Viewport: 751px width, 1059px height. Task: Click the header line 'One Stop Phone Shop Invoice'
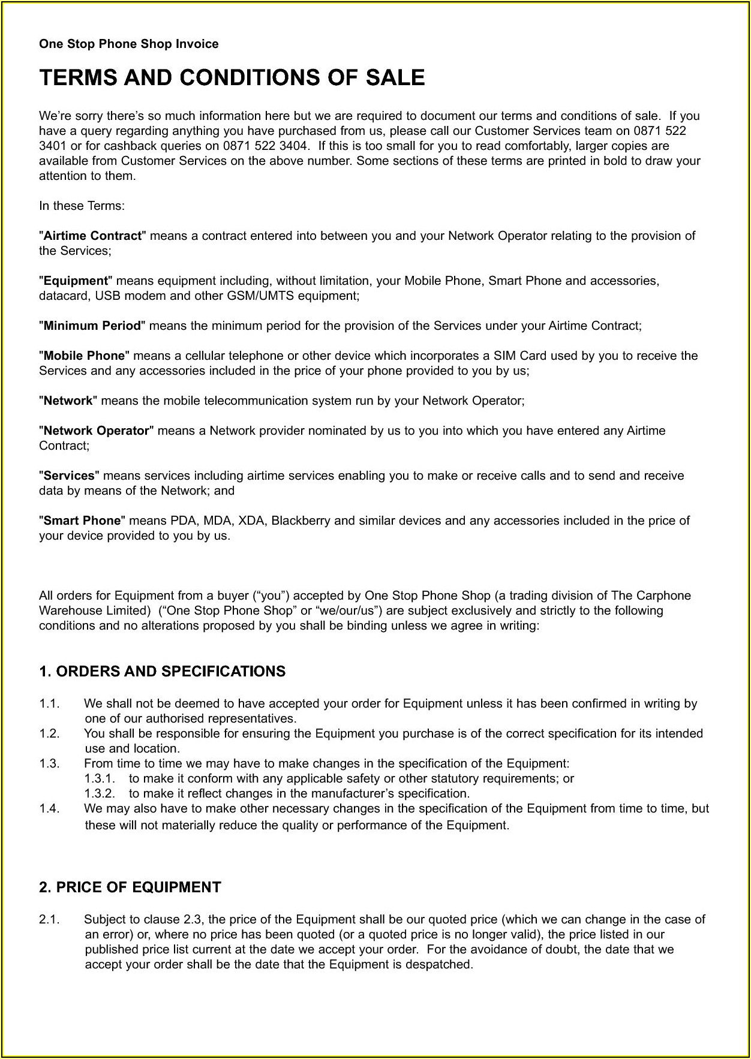(128, 44)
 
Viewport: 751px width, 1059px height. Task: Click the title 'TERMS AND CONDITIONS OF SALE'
(232, 78)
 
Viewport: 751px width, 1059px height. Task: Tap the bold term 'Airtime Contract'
(92, 236)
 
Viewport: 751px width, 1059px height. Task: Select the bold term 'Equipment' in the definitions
(76, 281)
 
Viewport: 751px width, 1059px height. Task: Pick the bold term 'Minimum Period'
(92, 326)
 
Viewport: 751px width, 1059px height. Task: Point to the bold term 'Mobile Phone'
(84, 356)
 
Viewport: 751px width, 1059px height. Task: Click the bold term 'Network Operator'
(96, 431)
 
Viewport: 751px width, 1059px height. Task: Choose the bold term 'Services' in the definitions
(69, 476)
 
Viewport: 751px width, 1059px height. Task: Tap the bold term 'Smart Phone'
(82, 521)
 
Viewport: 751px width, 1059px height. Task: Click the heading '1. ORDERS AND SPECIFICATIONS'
(162, 671)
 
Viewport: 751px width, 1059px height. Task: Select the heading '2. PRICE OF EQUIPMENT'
(130, 887)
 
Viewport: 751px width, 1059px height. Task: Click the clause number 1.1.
(49, 703)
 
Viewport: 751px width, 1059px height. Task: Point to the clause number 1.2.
(49, 733)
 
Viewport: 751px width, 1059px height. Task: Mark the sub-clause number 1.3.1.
(100, 778)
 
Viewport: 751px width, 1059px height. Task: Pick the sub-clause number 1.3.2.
(100, 793)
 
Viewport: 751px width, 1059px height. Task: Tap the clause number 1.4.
(49, 808)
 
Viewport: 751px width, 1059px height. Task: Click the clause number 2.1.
(49, 919)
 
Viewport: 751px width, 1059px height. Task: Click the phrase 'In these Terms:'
(82, 206)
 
